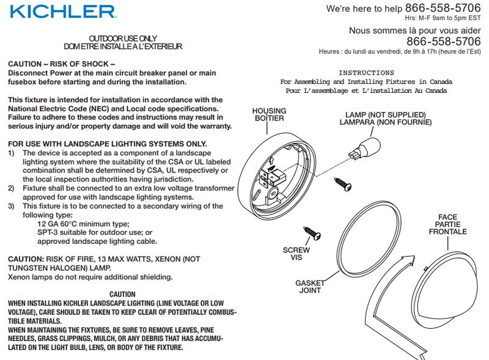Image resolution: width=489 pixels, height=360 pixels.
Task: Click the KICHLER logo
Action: pyautogui.click(x=63, y=11)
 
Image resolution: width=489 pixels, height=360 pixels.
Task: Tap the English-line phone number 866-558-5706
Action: pyautogui.click(x=443, y=8)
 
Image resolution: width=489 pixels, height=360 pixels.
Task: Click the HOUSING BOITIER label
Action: pyautogui.click(x=269, y=114)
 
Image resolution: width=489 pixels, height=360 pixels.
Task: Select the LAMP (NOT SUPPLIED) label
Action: pyautogui.click(x=386, y=115)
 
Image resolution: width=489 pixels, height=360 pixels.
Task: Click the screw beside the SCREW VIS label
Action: pyautogui.click(x=312, y=233)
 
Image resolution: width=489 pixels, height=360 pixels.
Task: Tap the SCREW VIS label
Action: pyautogui.click(x=296, y=254)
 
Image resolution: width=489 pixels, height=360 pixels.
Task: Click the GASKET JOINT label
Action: pyautogui.click(x=310, y=287)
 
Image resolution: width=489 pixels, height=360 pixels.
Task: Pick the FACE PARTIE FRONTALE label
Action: pyautogui.click(x=447, y=224)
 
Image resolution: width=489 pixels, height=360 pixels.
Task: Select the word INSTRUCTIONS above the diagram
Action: pyautogui.click(x=366, y=73)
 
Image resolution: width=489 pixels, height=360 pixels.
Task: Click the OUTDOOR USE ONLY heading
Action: pyautogui.click(x=123, y=39)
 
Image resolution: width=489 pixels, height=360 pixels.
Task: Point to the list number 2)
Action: pyautogui.click(x=11, y=188)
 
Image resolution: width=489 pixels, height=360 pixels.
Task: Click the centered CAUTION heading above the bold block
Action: pyautogui.click(x=122, y=294)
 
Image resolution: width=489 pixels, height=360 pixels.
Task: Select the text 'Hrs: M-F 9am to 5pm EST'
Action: pyautogui.click(x=443, y=18)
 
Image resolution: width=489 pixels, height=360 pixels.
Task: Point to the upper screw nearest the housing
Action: pyautogui.click(x=343, y=184)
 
